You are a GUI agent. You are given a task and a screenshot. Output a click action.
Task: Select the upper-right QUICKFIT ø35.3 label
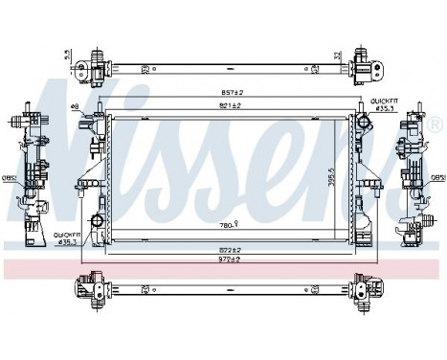pyautogui.click(x=385, y=104)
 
